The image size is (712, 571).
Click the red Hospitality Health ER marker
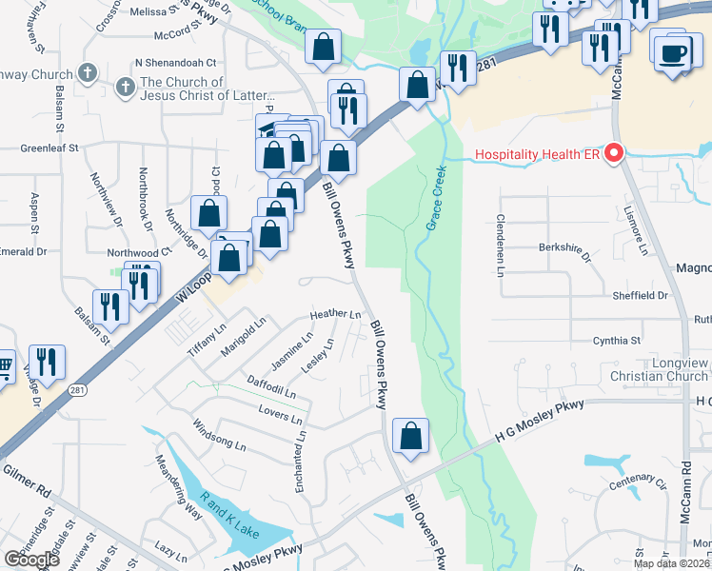(614, 153)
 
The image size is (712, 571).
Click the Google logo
(31, 560)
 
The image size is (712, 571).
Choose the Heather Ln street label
(335, 314)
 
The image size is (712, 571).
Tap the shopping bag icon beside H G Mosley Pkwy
(410, 438)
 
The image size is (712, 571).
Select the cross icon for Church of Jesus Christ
(123, 89)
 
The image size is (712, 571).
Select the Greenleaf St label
(49, 148)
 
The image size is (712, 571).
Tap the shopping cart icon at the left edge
(5, 364)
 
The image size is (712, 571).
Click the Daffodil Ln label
(271, 386)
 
